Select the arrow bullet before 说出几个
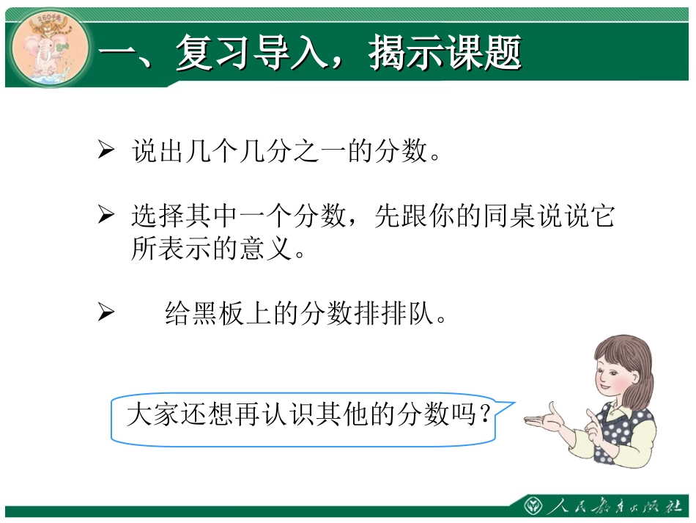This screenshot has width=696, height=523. (x=106, y=151)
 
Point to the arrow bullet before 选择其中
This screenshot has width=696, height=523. (x=106, y=215)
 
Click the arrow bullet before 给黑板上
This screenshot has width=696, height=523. (x=106, y=313)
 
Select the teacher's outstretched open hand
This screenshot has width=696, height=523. (x=542, y=419)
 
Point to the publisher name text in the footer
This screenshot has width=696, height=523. (x=615, y=507)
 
